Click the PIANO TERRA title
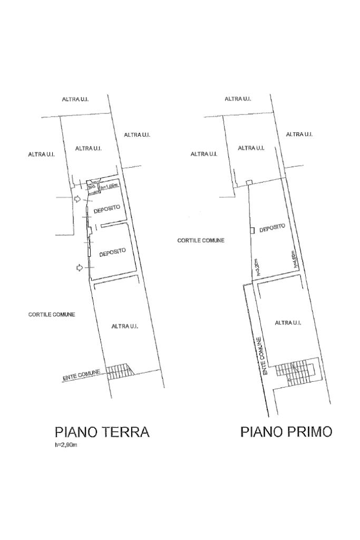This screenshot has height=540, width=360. pyautogui.click(x=102, y=432)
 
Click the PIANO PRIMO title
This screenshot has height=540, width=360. pyautogui.click(x=286, y=432)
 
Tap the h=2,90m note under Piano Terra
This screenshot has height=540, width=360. pyautogui.click(x=66, y=446)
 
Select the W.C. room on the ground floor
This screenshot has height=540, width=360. pyautogui.click(x=91, y=186)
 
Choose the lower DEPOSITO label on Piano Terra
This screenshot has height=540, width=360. pyautogui.click(x=113, y=252)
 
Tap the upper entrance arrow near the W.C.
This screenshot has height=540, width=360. pyautogui.click(x=77, y=199)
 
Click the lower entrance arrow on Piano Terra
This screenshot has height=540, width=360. pyautogui.click(x=79, y=268)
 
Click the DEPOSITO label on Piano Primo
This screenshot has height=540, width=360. pyautogui.click(x=272, y=228)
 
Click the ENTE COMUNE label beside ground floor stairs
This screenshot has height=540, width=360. pyautogui.click(x=81, y=375)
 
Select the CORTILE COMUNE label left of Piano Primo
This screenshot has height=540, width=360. pyautogui.click(x=201, y=240)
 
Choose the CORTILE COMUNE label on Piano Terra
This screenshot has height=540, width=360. pyautogui.click(x=52, y=314)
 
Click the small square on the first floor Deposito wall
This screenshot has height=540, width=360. pyautogui.click(x=252, y=230)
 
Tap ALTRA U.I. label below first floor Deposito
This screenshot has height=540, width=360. pyautogui.click(x=288, y=323)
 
